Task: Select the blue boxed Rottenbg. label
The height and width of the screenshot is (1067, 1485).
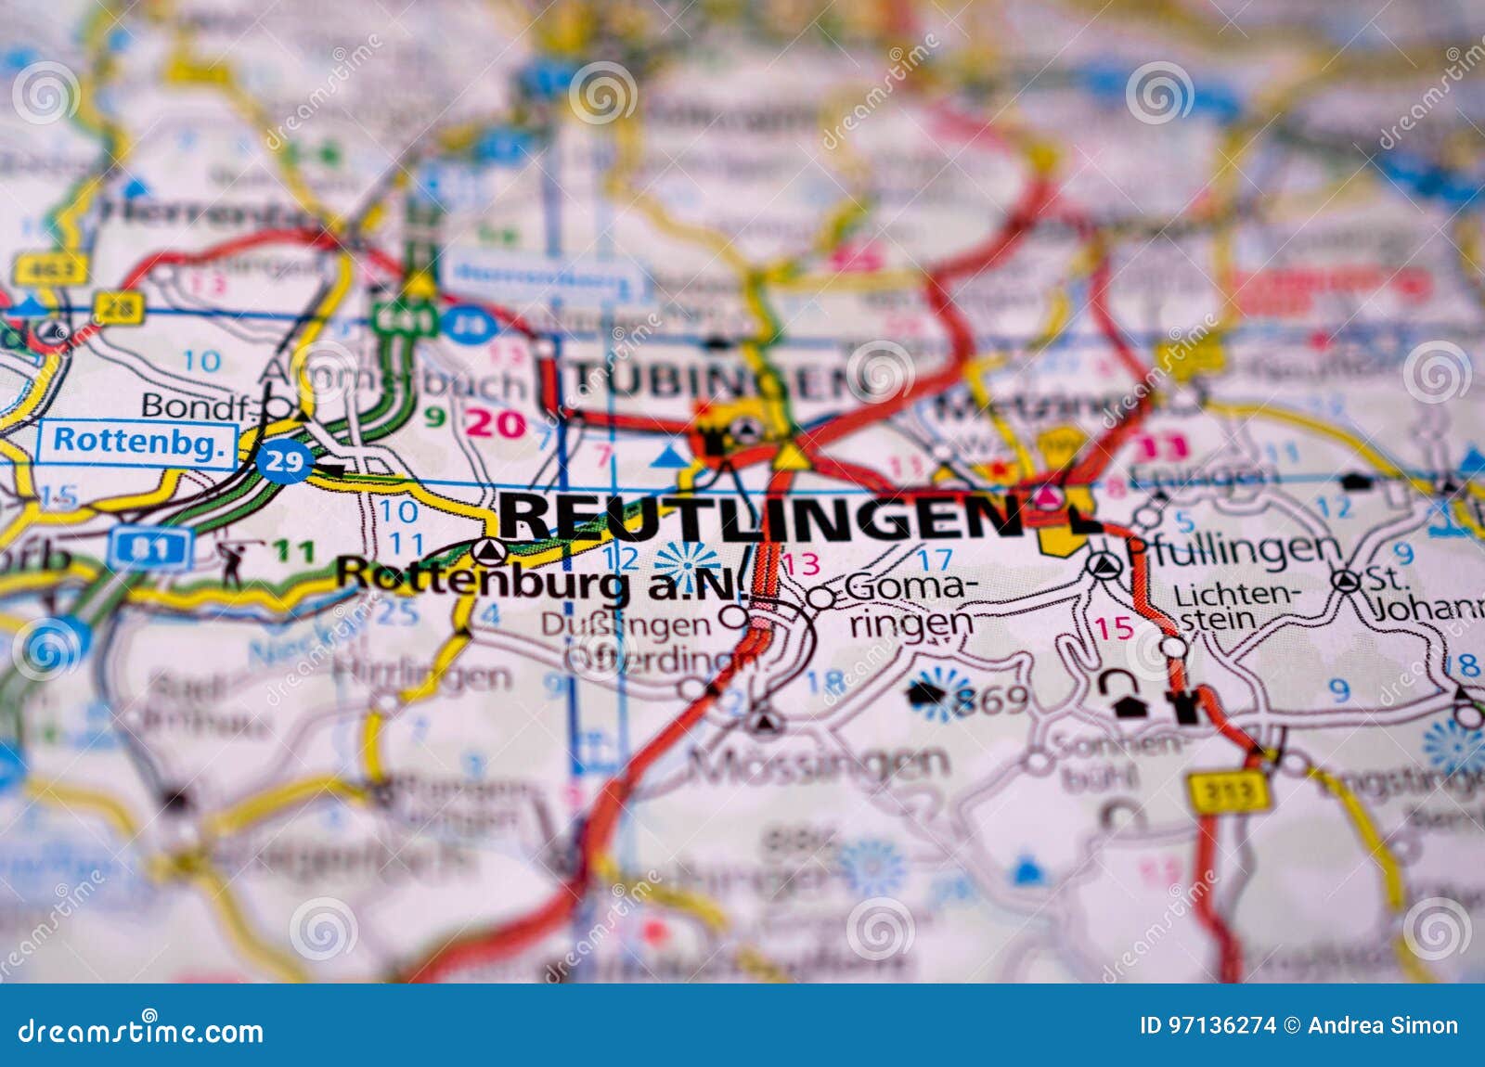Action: (x=138, y=442)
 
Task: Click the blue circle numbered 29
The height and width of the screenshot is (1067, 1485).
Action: (x=283, y=461)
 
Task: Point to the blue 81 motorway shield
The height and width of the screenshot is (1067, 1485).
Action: (x=149, y=549)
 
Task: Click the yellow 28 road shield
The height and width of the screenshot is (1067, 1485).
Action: (x=119, y=307)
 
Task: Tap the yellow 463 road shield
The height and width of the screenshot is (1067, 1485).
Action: (x=50, y=269)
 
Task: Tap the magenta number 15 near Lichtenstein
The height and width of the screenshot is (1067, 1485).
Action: (x=1113, y=628)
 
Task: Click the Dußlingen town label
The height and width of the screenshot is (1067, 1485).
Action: (x=625, y=625)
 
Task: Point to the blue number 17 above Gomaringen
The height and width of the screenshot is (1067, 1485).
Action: (x=934, y=559)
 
